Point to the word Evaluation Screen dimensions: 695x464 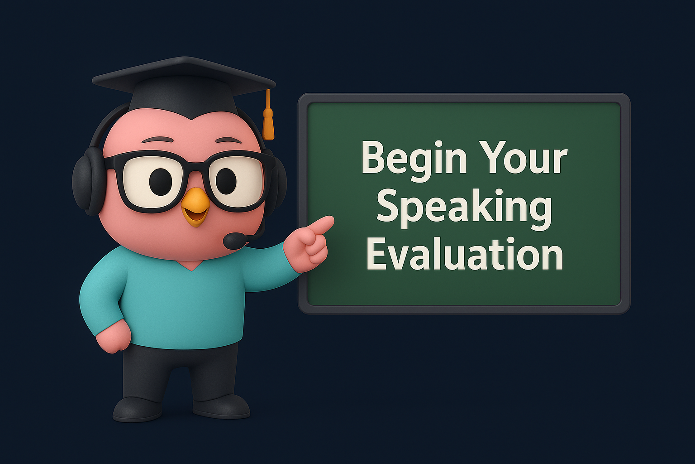pyautogui.click(x=465, y=254)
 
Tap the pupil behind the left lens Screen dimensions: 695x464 pyautogui.click(x=161, y=182)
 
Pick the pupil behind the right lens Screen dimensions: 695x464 pyautogui.click(x=226, y=181)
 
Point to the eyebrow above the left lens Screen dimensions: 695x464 pyautogui.click(x=157, y=140)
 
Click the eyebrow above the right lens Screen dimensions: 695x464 pyautogui.click(x=228, y=140)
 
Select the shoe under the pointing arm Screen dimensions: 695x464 pyautogui.click(x=221, y=406)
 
